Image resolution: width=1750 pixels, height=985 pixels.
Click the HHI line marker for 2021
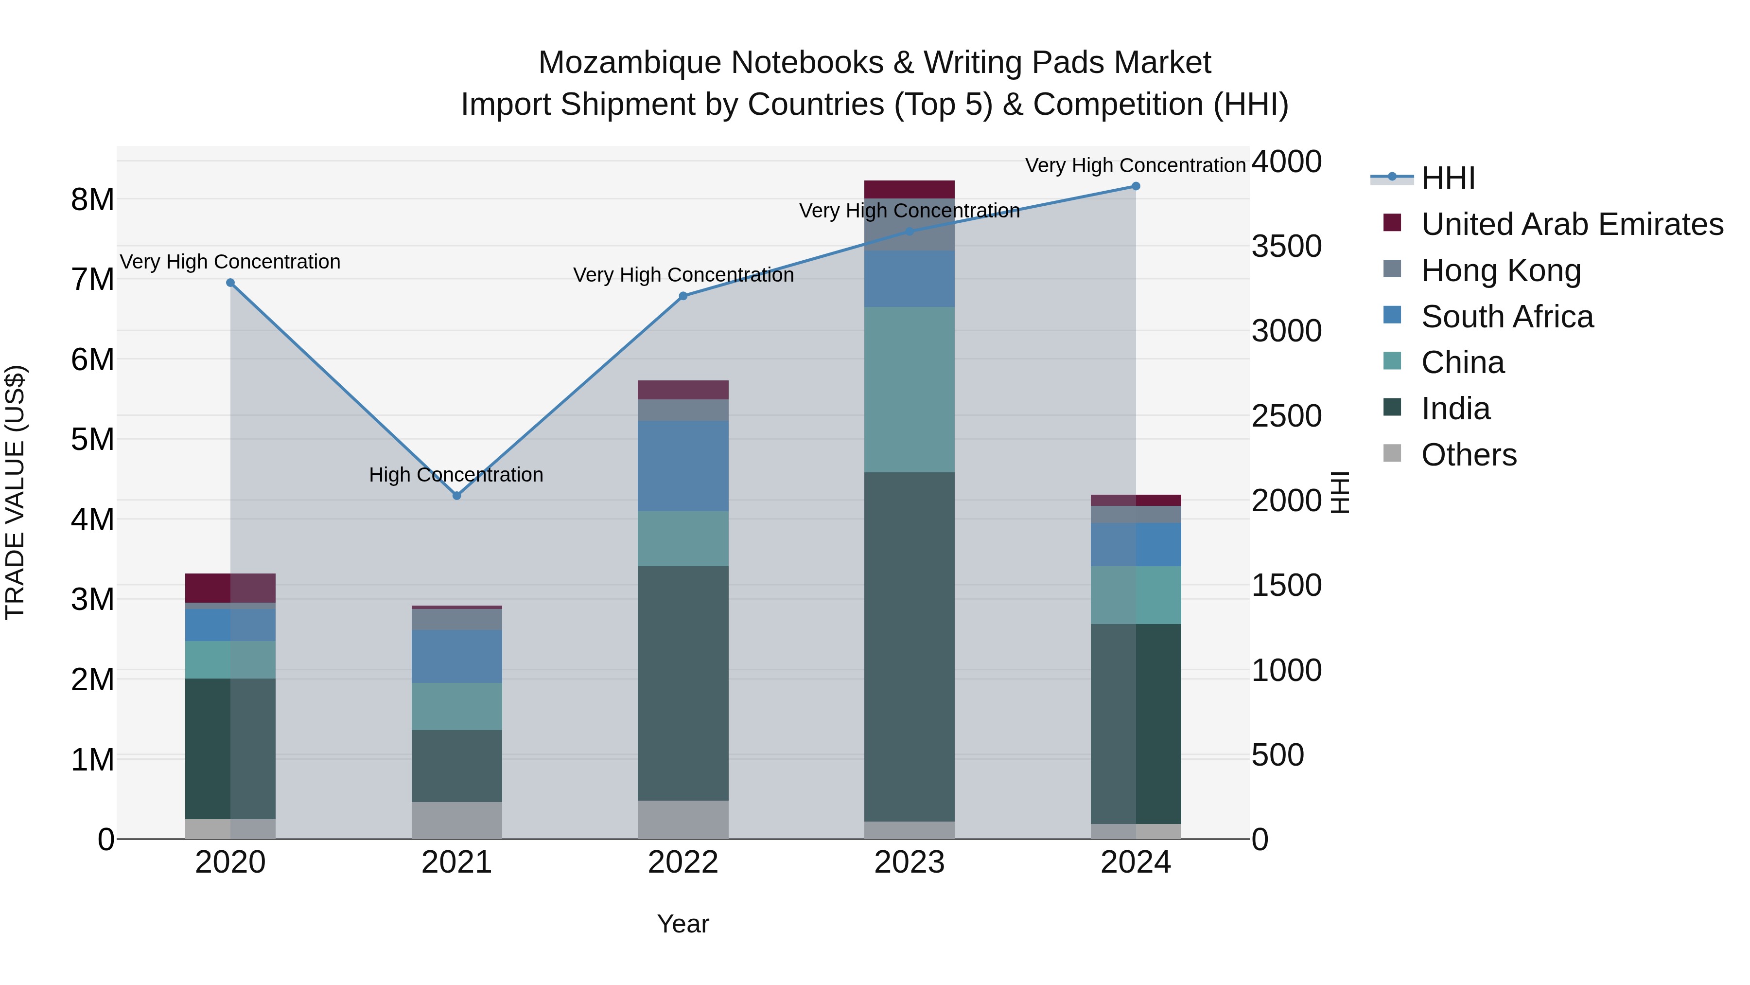(x=456, y=496)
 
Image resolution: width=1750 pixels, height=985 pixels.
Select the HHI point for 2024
(x=1135, y=186)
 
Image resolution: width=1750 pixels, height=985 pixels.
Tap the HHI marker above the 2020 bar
(x=230, y=283)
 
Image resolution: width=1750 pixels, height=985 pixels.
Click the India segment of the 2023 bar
(x=909, y=646)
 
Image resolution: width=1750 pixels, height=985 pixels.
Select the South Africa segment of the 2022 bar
(x=683, y=466)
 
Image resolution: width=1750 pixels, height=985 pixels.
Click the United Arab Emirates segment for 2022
(x=683, y=390)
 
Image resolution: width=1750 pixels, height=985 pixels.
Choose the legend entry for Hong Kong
(x=1501, y=270)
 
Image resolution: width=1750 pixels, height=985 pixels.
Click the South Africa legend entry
(x=1507, y=317)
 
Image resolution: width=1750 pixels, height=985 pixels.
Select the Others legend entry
(x=1468, y=455)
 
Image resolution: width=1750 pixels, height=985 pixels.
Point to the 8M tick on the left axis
(x=92, y=200)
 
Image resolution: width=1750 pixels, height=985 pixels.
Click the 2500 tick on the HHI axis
(x=1286, y=416)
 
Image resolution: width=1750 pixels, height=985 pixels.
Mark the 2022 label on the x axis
(x=683, y=862)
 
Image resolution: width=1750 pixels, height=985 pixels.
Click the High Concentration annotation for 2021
(x=456, y=474)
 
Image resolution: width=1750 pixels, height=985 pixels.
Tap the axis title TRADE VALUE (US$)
(x=16, y=492)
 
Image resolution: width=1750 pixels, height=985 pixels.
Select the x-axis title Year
(x=683, y=924)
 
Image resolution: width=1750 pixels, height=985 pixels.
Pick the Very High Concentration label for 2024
(x=1135, y=165)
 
